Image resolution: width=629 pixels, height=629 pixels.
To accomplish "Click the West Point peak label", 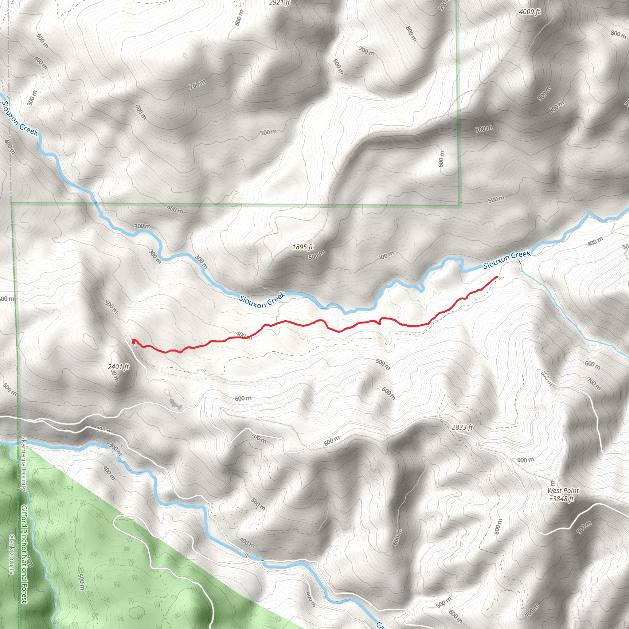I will click(x=563, y=490).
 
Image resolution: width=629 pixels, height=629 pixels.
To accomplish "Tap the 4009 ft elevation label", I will click(x=530, y=12).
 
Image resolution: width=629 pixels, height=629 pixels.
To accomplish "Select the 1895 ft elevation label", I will click(x=303, y=247).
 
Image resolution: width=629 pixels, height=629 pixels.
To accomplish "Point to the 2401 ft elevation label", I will click(x=119, y=367).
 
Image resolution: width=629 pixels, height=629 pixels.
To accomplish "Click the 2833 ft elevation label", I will click(x=462, y=427).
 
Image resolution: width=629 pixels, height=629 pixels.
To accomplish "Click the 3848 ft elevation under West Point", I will click(x=563, y=499).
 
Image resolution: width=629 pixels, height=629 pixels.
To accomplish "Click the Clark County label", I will click(x=12, y=554).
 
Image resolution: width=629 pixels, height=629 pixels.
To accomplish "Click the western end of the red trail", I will click(x=133, y=341).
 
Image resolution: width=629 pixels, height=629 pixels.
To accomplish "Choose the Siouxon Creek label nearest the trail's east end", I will click(x=507, y=260).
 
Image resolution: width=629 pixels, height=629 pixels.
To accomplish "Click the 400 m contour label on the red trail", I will click(x=244, y=335).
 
